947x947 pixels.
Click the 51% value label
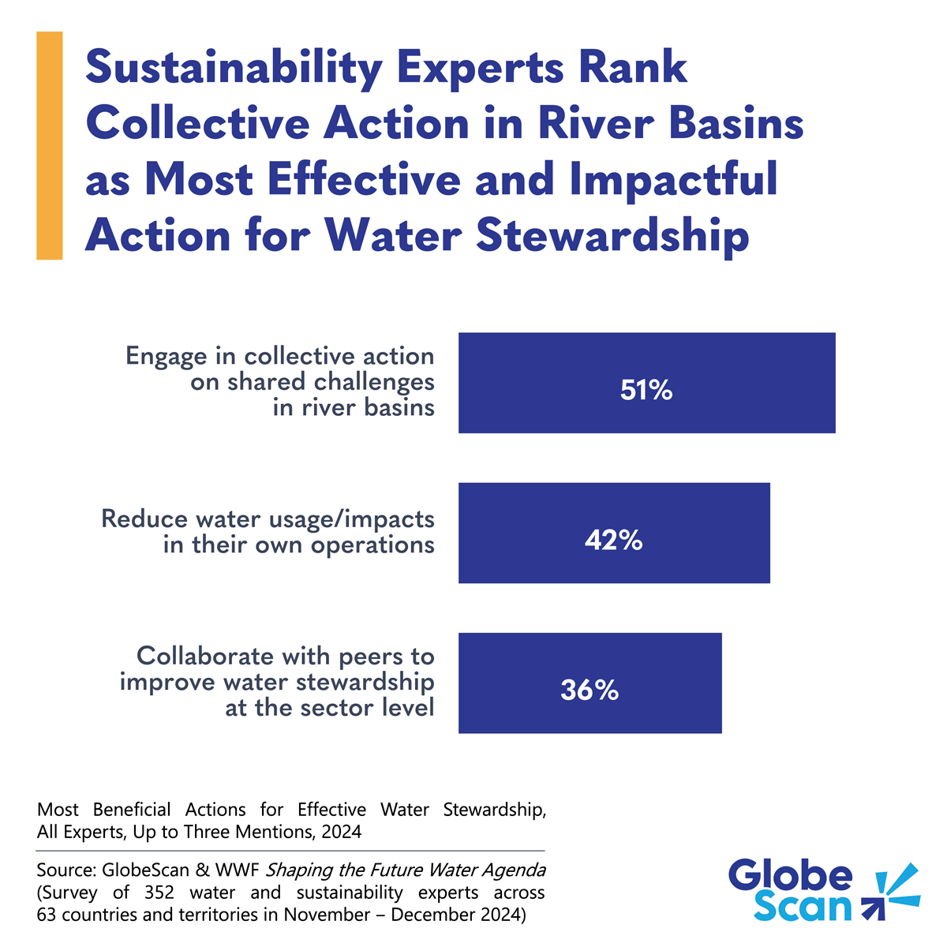[646, 391]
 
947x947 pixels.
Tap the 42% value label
[613, 541]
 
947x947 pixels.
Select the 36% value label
[590, 691]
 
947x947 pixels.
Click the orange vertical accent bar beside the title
[49, 145]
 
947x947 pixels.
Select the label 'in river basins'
[354, 407]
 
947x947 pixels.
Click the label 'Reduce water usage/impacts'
[268, 519]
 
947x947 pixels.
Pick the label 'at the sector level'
[330, 707]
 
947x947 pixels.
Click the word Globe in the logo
[790, 875]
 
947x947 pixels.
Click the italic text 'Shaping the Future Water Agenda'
[405, 870]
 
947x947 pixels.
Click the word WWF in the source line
[238, 870]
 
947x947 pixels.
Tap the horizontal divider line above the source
[290, 851]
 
